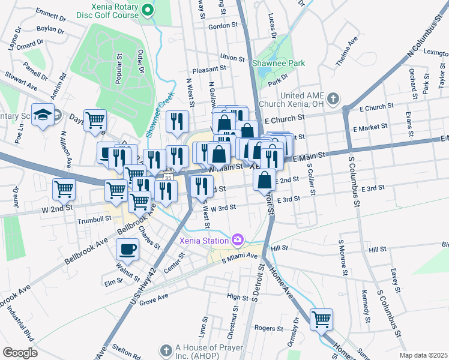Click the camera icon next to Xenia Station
(x=238, y=241)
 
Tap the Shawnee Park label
(x=278, y=63)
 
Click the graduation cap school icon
(x=43, y=115)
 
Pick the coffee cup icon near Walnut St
(x=127, y=248)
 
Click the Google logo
(x=20, y=353)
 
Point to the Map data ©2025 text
(x=423, y=355)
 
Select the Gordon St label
(x=223, y=26)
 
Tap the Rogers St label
(x=268, y=328)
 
